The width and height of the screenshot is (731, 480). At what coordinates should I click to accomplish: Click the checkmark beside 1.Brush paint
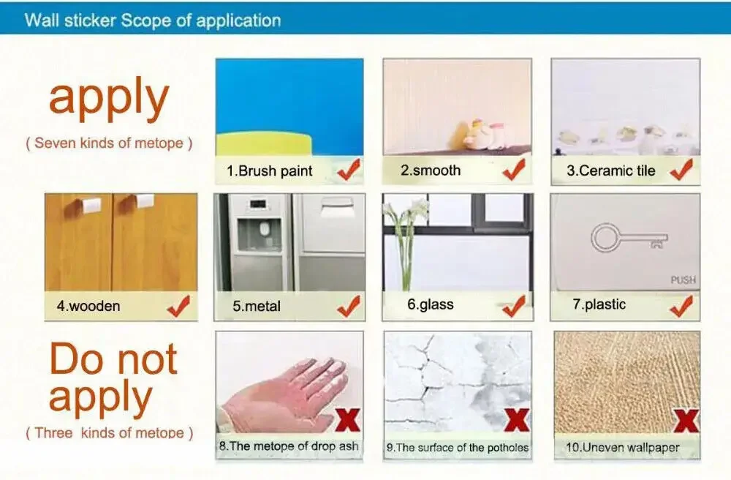pos(349,169)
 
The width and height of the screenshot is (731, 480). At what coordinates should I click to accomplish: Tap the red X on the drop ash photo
pos(348,419)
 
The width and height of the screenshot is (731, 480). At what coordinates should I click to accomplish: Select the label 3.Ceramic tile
pos(610,170)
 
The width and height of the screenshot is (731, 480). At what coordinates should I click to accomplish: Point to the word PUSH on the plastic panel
pos(683,280)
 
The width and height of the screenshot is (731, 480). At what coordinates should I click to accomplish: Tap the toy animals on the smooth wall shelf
pos(477,135)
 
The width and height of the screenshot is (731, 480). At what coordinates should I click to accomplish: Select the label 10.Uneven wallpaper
pos(622,448)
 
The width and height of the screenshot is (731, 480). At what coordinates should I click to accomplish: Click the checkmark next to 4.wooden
pos(178,306)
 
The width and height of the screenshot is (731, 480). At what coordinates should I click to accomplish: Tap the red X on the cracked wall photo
pos(517,419)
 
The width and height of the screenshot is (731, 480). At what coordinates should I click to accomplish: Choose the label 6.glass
pos(431,304)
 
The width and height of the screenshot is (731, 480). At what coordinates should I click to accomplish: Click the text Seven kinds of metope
pos(109,143)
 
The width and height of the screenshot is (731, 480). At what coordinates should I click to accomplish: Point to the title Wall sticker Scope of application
pos(153,20)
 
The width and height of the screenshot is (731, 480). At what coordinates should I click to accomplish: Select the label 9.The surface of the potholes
pos(458,448)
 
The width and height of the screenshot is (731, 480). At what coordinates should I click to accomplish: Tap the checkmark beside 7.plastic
pos(681,306)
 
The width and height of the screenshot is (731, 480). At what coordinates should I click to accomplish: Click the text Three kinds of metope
pos(110,433)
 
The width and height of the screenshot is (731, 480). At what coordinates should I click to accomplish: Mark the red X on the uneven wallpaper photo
pos(686,420)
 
